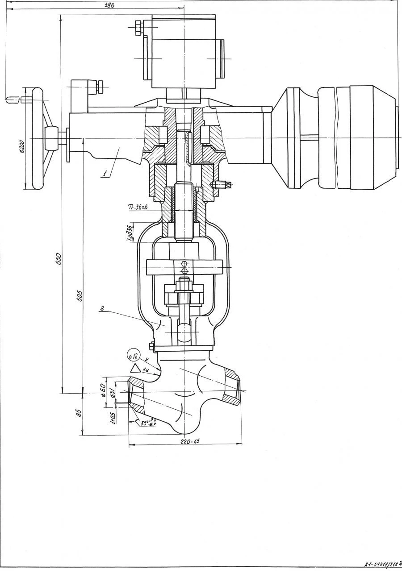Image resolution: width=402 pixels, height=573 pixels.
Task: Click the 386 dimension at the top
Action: tap(109, 5)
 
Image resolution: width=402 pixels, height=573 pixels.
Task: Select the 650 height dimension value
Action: tap(58, 258)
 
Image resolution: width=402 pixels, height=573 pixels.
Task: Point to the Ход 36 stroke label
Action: tap(130, 233)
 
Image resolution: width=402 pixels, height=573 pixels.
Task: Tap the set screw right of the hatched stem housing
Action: tap(222, 184)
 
